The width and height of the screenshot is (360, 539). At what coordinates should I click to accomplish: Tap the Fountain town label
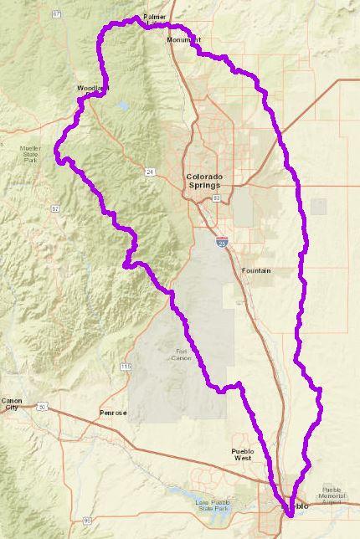click(x=255, y=271)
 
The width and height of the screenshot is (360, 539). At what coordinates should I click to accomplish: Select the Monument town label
click(x=183, y=39)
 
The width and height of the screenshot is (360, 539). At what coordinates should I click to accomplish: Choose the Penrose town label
click(x=113, y=413)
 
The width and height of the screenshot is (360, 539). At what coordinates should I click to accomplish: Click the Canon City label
click(x=12, y=404)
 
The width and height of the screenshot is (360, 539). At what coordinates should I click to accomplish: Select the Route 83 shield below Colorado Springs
click(x=216, y=198)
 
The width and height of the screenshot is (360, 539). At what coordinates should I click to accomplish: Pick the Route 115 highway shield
click(x=126, y=367)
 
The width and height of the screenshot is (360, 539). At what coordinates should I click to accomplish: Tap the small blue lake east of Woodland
click(x=125, y=106)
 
